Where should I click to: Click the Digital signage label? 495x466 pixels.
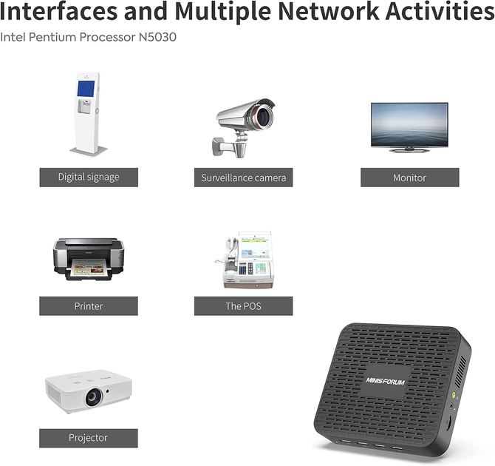(x=89, y=177)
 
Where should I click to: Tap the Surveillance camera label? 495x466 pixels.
(x=243, y=178)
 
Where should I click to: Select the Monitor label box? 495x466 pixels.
(x=410, y=178)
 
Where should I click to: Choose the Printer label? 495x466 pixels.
(x=89, y=306)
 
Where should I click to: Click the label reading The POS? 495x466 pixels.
(x=243, y=306)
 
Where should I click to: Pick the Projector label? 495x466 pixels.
(x=89, y=438)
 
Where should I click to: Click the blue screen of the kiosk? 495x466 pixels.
(x=86, y=89)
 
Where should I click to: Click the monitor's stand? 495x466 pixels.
(x=409, y=150)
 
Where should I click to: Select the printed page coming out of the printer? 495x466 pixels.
(x=89, y=268)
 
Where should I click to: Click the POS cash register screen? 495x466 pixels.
(x=255, y=246)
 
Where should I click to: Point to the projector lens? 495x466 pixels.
(x=94, y=397)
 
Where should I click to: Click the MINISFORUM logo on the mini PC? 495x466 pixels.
(x=385, y=381)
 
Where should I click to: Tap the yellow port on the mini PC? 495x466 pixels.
(x=454, y=394)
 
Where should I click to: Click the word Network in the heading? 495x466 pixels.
(x=328, y=11)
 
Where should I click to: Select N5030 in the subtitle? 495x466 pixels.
(x=157, y=37)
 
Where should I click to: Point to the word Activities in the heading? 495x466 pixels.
(x=440, y=11)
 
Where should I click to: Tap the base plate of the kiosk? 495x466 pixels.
(x=89, y=151)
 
